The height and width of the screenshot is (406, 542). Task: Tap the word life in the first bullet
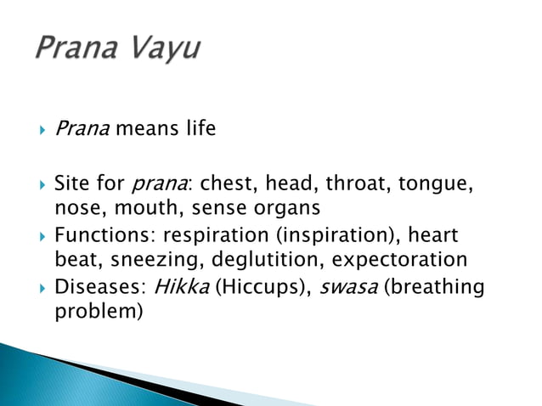click(199, 129)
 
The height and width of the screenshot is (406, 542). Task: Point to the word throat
click(356, 183)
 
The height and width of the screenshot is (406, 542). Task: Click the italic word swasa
click(340, 286)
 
